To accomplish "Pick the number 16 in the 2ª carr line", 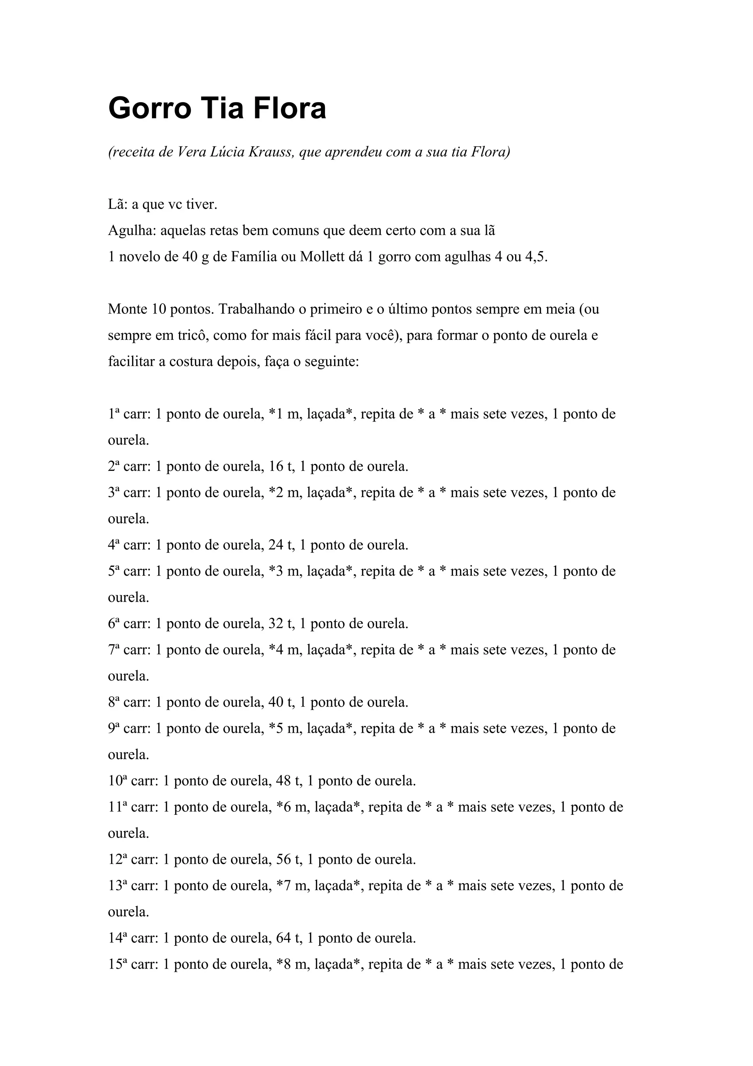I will click(276, 466).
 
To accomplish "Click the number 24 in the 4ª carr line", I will click(276, 545).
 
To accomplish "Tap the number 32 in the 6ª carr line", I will click(276, 623).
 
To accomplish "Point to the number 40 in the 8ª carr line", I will click(276, 702).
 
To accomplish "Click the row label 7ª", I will click(114, 650).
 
